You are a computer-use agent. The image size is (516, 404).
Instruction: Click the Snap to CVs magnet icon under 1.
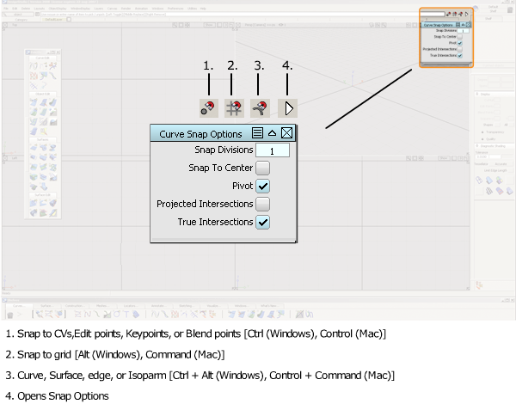pos(207,107)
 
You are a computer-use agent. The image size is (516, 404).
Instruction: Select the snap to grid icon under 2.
pos(233,107)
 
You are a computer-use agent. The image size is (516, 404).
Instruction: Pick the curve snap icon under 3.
pos(260,107)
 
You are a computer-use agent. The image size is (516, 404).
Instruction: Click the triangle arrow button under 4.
pos(289,108)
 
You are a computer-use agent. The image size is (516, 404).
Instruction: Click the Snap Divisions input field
pos(272,150)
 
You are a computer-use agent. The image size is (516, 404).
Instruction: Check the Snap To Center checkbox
pos(263,168)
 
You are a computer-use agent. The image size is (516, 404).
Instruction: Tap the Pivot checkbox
pos(263,186)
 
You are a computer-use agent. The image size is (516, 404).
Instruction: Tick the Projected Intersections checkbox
pos(263,204)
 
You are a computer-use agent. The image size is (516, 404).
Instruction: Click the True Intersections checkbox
pos(263,222)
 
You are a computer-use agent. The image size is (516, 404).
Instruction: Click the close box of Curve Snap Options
pos(287,133)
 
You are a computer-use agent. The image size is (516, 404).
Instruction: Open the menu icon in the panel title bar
pos(257,133)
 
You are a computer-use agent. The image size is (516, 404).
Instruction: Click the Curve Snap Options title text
pos(201,134)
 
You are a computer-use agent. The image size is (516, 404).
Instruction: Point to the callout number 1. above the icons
pos(207,65)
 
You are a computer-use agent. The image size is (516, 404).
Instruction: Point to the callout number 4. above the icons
pos(287,65)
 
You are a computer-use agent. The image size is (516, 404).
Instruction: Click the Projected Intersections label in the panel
pos(205,204)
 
